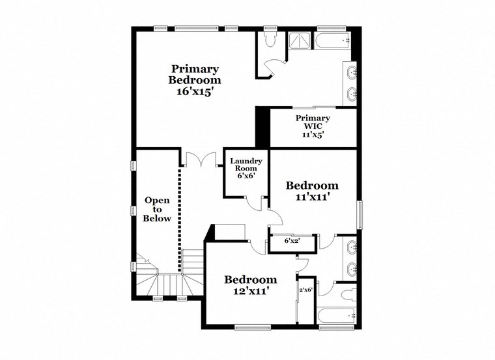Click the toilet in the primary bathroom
coord(271,40)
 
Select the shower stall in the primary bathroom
coord(300,40)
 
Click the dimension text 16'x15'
coord(195,92)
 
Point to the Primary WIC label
coord(313,122)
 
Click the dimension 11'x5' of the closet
coord(313,135)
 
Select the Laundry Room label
coord(246,165)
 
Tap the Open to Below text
coord(157,209)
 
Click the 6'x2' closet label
coord(292,242)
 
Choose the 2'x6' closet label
coord(305,290)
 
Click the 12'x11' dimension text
coord(251,292)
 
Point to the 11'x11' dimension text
coord(313,197)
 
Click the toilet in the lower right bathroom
coord(350,293)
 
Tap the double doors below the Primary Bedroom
coord(199,159)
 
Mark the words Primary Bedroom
coord(195,74)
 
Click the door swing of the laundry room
coord(256,203)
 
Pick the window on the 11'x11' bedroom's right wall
coord(359,214)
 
